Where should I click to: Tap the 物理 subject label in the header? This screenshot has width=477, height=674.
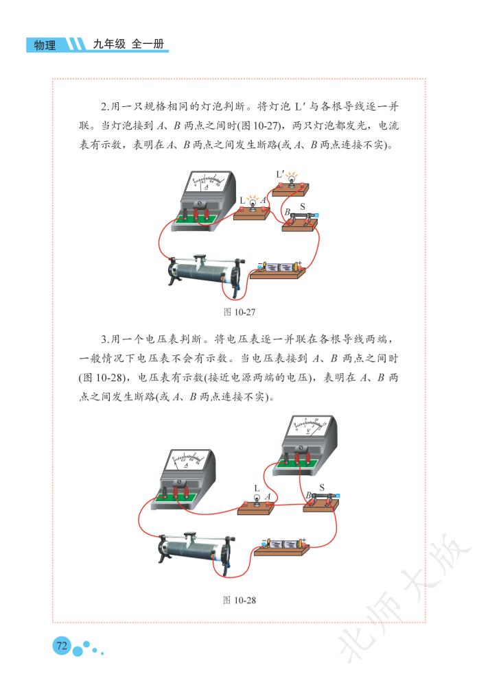[x=45, y=45]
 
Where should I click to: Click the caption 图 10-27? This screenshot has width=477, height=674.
[x=240, y=312]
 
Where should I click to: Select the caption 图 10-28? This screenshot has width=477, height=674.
[x=240, y=600]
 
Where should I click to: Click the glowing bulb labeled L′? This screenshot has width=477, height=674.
[x=292, y=180]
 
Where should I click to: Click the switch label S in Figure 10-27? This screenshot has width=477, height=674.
[x=303, y=207]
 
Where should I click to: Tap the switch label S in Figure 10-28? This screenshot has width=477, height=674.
[x=322, y=488]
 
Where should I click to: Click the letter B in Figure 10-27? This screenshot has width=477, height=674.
[x=287, y=212]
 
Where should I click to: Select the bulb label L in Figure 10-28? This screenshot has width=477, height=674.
[x=257, y=488]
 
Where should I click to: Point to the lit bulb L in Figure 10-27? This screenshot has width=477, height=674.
[x=253, y=203]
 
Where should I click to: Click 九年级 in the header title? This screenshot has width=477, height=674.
[x=109, y=44]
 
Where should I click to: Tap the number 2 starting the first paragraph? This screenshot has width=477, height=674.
[x=104, y=107]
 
